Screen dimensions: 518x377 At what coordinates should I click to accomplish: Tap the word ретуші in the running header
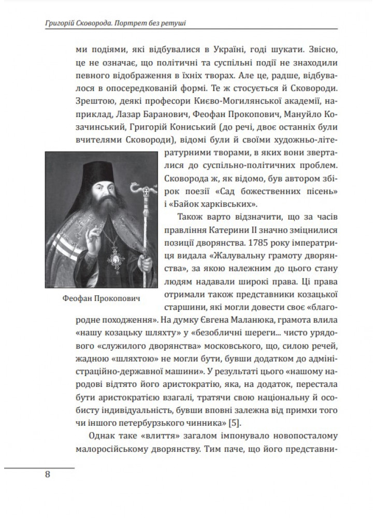pos(171,23)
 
